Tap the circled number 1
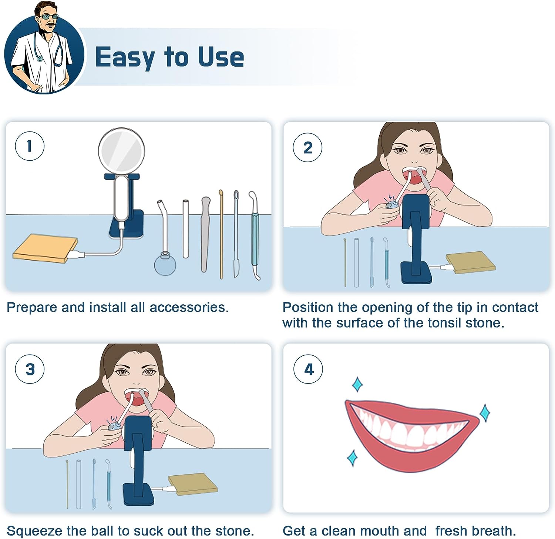(x=30, y=146)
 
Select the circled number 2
(x=307, y=147)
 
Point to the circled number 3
(x=30, y=369)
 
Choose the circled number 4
(x=308, y=369)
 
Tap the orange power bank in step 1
(x=45, y=248)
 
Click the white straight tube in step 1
(x=186, y=229)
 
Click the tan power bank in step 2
(x=471, y=262)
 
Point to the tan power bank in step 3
(x=193, y=484)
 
